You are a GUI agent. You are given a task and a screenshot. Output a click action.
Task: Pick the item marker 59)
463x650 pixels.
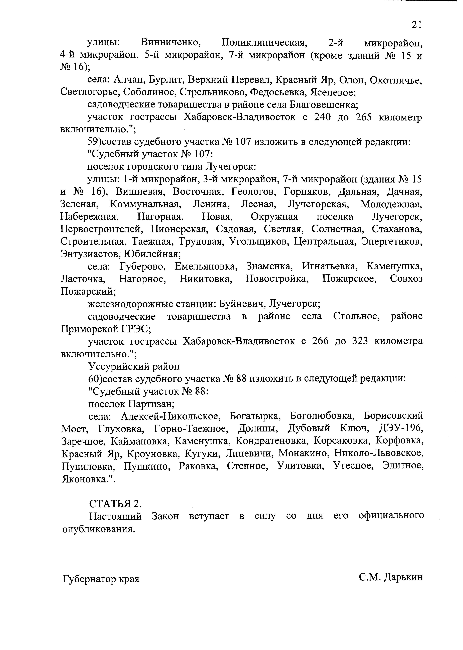pyautogui.click(x=95, y=142)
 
